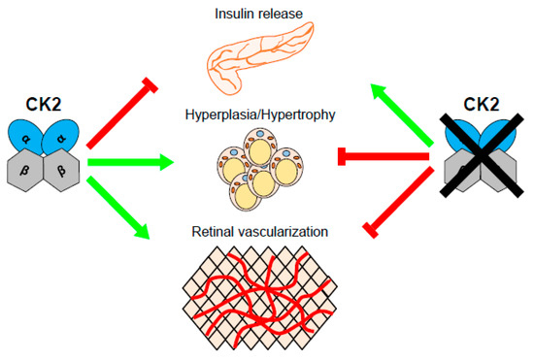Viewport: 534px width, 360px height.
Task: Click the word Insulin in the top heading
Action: tap(236, 14)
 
